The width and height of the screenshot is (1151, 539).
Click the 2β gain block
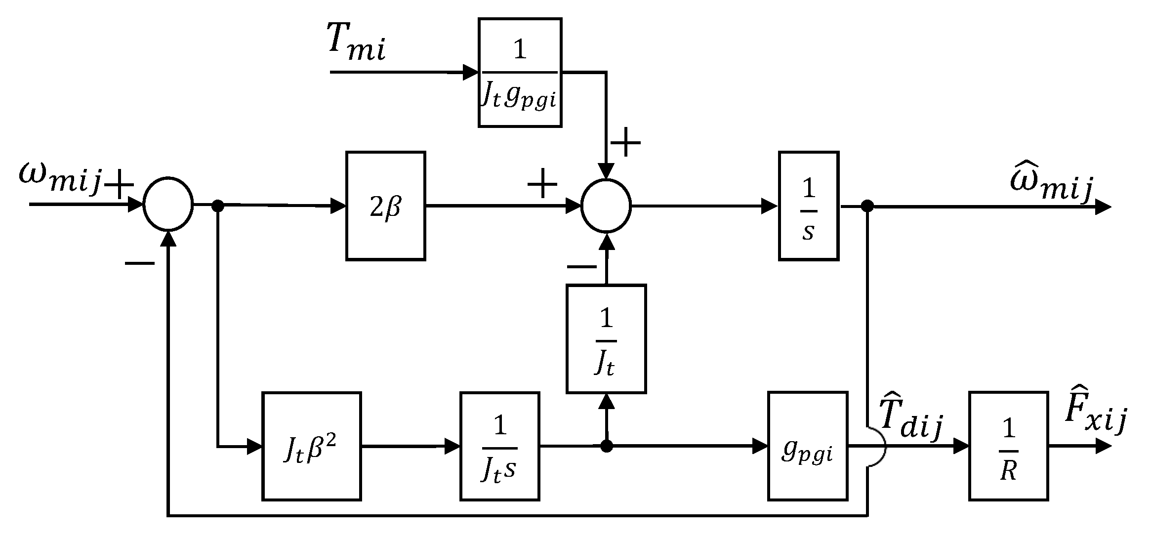coord(385,206)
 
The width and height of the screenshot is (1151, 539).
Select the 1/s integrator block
coord(808,206)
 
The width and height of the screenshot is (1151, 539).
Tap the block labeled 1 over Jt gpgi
coord(520,73)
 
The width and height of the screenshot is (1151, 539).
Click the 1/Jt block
coord(606,339)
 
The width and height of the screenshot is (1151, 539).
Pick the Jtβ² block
coord(311,446)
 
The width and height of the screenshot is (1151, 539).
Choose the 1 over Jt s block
coord(499,446)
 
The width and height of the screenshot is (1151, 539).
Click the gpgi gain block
coord(807,446)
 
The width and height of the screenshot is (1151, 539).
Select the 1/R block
coord(1008,446)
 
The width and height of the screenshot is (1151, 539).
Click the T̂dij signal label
coord(911,417)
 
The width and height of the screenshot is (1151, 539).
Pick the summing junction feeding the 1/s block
coord(606,206)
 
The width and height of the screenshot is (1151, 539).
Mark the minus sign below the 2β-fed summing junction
coord(581,267)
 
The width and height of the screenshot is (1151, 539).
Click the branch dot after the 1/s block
coord(867,207)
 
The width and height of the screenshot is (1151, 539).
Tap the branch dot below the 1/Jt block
coord(606,447)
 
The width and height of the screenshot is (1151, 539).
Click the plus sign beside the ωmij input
coord(119,184)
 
